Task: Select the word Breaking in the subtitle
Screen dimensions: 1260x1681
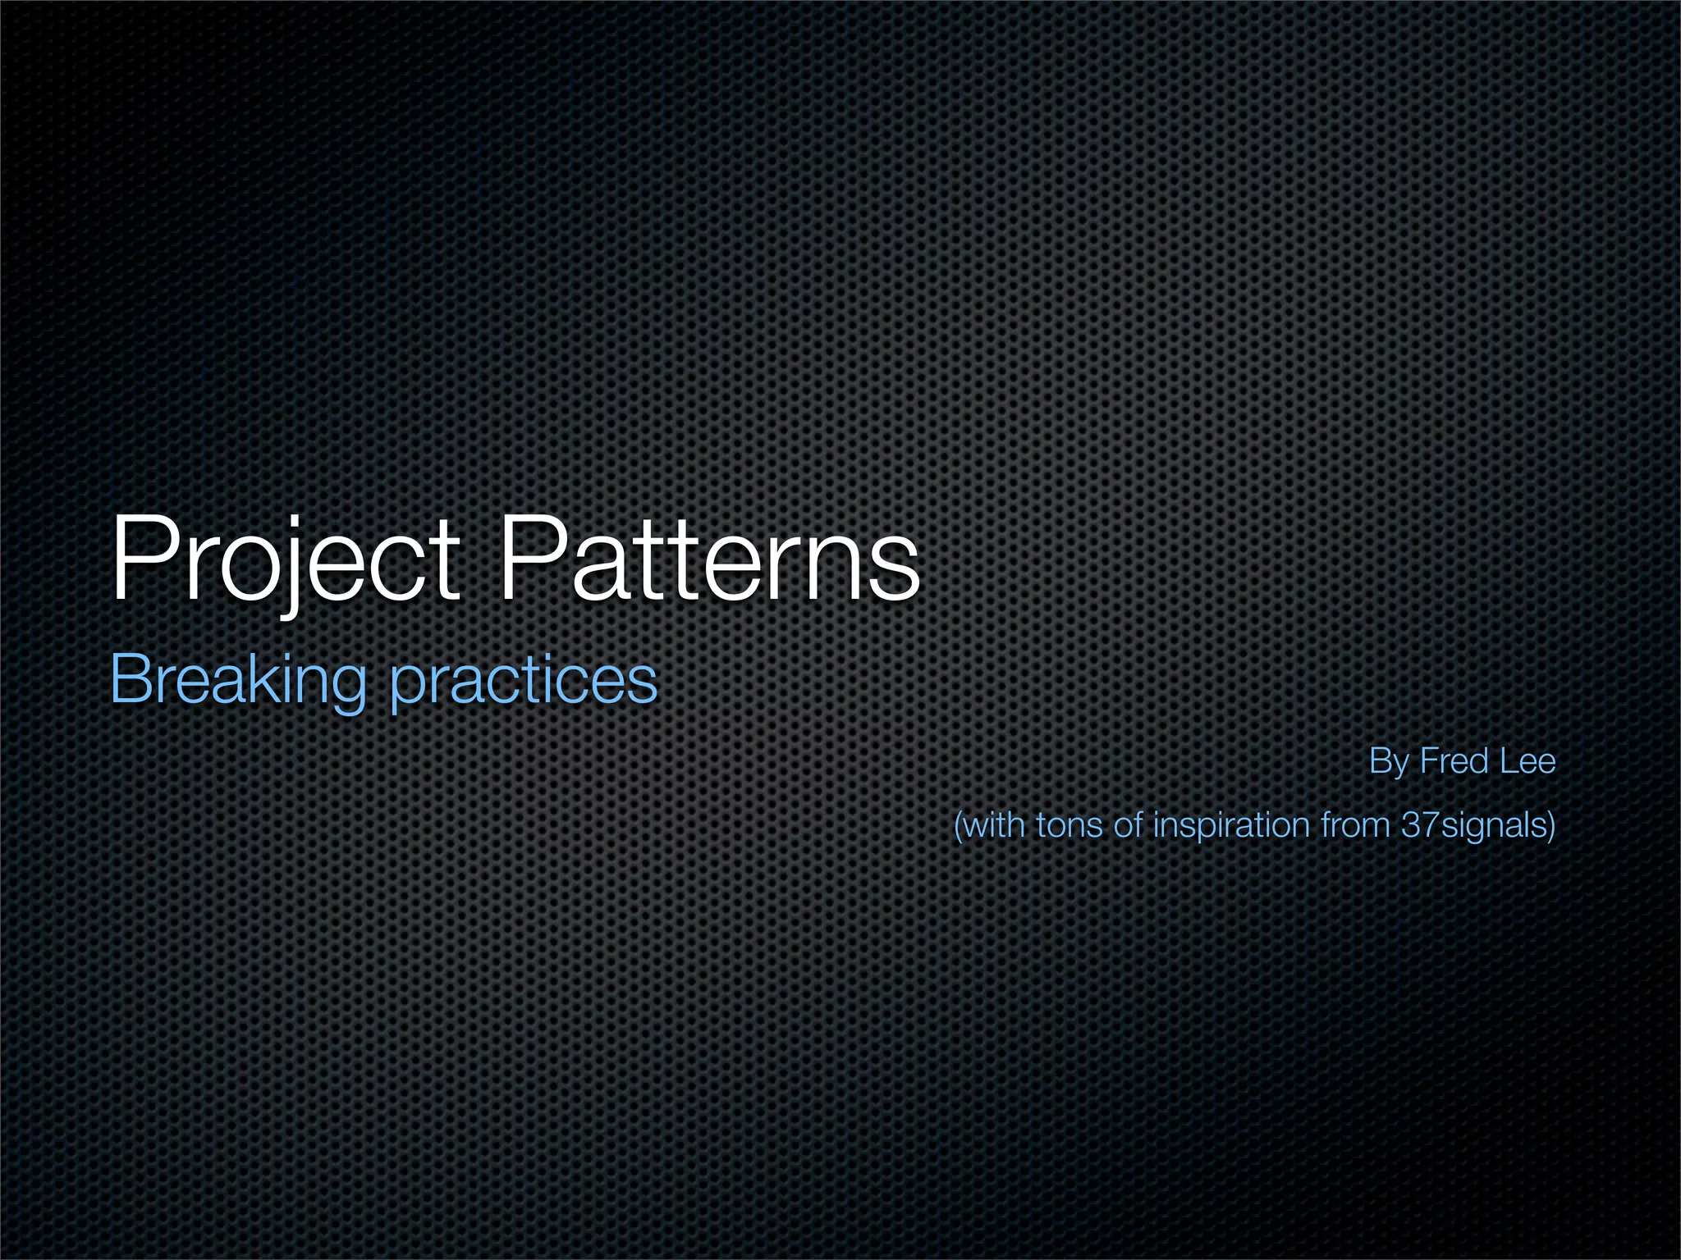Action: point(238,681)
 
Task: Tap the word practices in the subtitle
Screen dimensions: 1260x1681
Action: point(524,681)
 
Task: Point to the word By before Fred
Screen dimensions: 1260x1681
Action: point(1388,762)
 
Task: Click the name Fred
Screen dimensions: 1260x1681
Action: point(1454,761)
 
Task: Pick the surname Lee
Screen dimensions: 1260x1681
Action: point(1528,761)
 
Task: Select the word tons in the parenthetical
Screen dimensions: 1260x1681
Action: point(1069,824)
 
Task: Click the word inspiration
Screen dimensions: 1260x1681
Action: point(1231,825)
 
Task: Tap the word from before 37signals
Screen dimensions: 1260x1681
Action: point(1357,824)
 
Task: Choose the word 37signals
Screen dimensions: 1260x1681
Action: point(1473,825)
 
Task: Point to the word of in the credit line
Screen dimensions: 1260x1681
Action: point(1128,824)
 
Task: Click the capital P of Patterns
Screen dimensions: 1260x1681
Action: point(530,558)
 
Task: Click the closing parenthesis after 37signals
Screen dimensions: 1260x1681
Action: point(1550,825)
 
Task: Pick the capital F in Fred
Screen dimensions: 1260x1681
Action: point(1429,761)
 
